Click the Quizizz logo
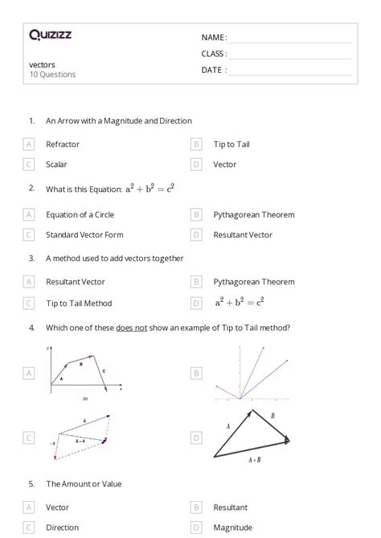[x=50, y=35]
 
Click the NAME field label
[x=214, y=37]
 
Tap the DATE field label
[x=214, y=70]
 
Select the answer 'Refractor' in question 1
[x=63, y=145]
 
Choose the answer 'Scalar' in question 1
[x=56, y=165]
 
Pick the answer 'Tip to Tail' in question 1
[x=231, y=145]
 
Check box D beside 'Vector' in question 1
[x=196, y=165]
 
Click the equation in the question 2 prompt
[x=150, y=189]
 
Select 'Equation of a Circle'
[x=79, y=215]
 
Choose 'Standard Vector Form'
[x=80, y=235]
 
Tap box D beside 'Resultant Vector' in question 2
[x=196, y=235]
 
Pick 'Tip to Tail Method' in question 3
[x=79, y=304]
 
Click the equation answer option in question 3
[x=240, y=303]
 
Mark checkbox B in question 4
[x=196, y=373]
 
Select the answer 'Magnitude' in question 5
[x=233, y=528]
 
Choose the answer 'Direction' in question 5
[x=63, y=528]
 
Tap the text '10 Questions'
[x=52, y=75]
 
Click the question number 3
[x=32, y=259]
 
